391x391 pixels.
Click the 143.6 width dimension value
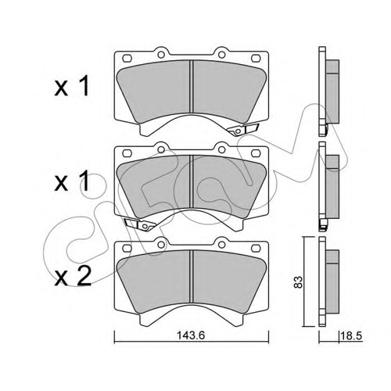(191, 335)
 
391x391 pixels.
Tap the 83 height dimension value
(298, 282)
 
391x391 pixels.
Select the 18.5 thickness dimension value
(352, 335)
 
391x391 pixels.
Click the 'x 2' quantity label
(73, 277)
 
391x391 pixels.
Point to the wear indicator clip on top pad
(243, 130)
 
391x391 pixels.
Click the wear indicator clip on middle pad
(140, 224)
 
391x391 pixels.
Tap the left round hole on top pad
(161, 55)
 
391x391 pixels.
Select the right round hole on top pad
(221, 55)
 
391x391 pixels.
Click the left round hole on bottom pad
(161, 245)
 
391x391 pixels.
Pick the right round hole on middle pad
(221, 149)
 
